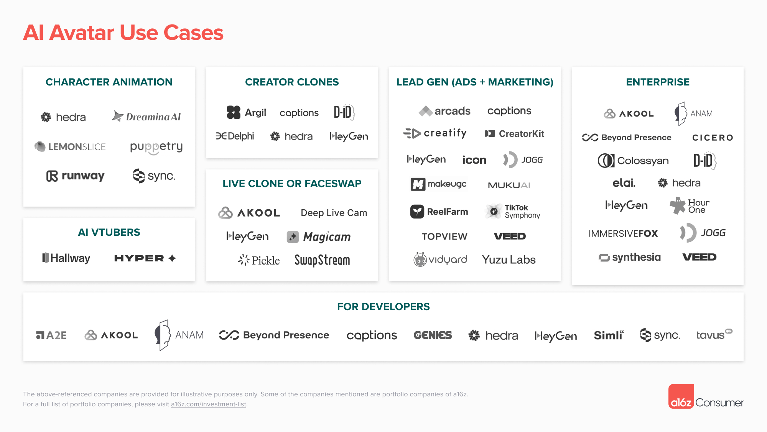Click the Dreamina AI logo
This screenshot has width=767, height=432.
coord(146,117)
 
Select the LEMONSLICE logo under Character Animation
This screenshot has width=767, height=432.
coord(70,146)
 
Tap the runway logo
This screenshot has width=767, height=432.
coord(75,176)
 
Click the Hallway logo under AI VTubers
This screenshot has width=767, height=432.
coord(66,258)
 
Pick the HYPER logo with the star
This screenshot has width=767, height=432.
coord(145,258)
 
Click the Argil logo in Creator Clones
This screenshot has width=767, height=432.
coord(246,112)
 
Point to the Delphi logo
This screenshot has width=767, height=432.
coord(235,136)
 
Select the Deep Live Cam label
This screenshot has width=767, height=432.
coord(334,213)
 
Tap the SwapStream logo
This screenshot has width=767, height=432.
coord(322,260)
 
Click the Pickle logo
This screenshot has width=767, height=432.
coord(259,260)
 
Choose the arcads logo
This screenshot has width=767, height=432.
coord(444,111)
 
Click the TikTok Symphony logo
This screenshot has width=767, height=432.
coord(513,211)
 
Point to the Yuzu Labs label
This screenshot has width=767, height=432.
coord(509,260)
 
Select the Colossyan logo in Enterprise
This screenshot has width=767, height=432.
coord(633,161)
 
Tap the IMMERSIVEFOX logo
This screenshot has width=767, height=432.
coord(623,233)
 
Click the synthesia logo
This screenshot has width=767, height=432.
coord(630,257)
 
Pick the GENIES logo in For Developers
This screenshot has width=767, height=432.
coord(433,335)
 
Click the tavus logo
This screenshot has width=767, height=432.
coord(714,334)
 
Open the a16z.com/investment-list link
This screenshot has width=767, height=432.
coord(209,404)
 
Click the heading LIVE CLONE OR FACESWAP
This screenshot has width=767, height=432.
coord(292,184)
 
